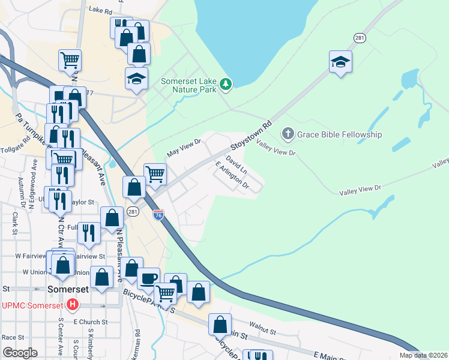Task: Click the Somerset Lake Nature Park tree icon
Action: pos(226,84)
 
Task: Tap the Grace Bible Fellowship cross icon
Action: pos(288,134)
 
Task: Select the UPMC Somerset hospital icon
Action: pos(73,305)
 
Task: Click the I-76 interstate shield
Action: pos(158,215)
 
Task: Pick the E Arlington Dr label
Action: pos(232,176)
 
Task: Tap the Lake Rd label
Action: pos(100,10)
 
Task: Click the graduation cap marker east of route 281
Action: pos(340,62)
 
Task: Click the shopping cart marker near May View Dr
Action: pos(155,174)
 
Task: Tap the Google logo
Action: pos(20,353)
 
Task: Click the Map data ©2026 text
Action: pos(423,355)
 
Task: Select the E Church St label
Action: pos(91,322)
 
